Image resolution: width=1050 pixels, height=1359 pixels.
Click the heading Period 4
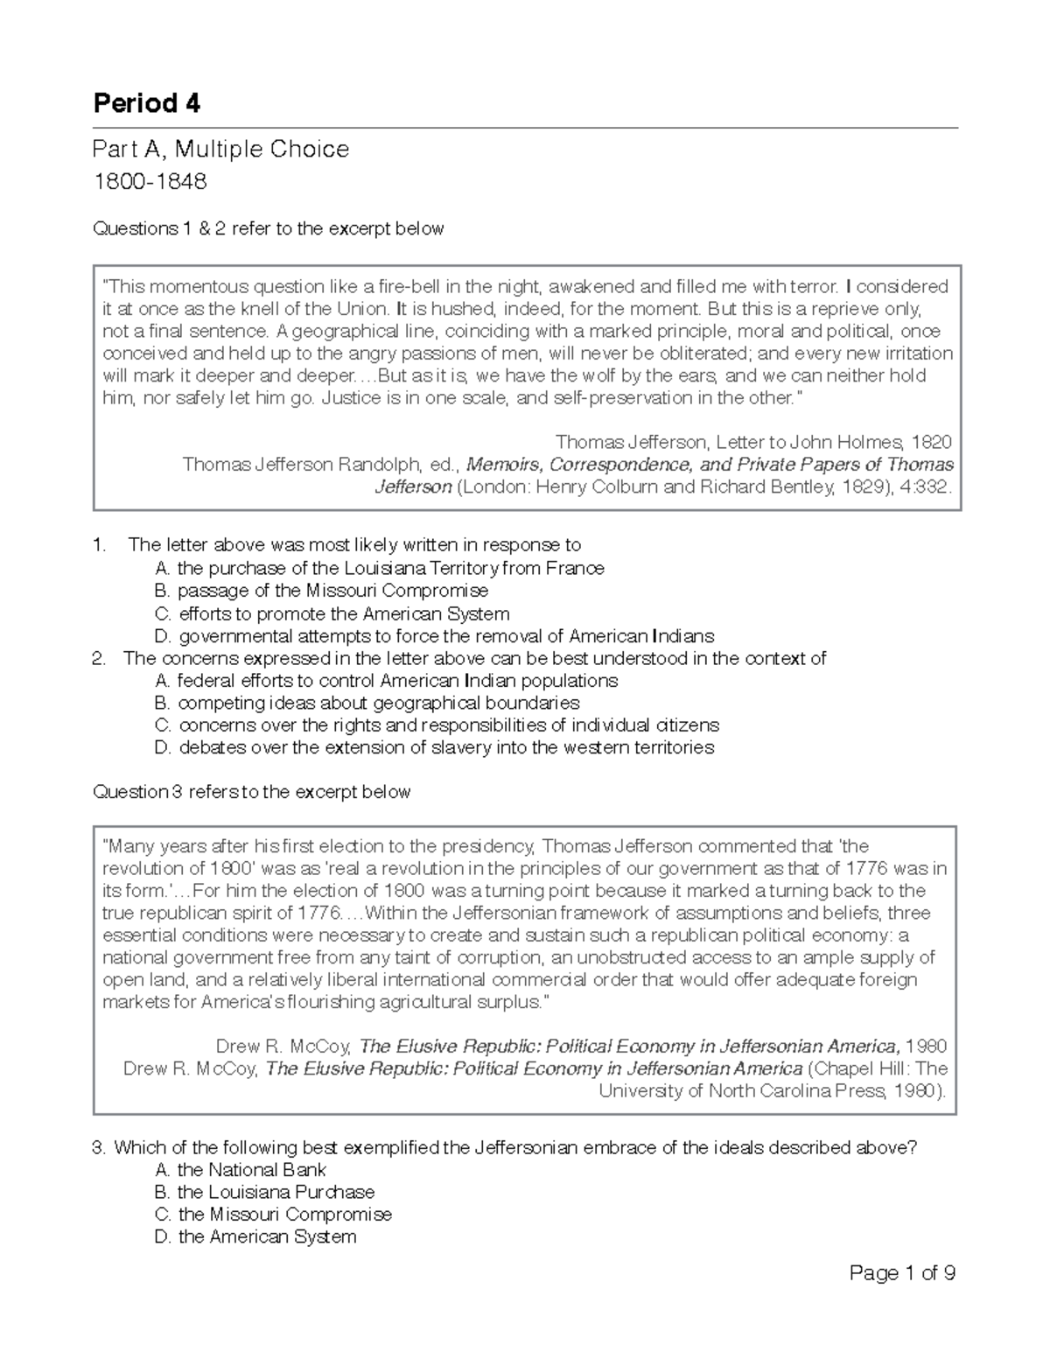coord(146,104)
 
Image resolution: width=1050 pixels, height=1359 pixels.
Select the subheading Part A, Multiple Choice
coord(220,150)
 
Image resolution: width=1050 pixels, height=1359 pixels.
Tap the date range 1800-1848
coord(150,182)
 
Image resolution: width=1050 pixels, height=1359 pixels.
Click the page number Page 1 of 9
coord(901,1273)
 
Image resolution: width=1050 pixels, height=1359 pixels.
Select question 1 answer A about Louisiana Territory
coord(378,569)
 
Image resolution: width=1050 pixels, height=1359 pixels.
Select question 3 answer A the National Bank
coord(240,1170)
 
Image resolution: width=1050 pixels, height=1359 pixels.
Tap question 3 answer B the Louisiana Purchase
coord(264,1192)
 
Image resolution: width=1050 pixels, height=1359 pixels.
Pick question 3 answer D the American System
coord(255,1236)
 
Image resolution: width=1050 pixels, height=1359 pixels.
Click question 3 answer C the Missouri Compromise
coord(273,1215)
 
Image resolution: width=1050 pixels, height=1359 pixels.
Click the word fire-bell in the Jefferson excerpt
coord(412,287)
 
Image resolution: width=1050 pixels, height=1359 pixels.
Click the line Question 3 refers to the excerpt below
coord(251,792)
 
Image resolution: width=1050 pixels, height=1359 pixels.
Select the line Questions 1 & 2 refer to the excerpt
coord(268,228)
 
